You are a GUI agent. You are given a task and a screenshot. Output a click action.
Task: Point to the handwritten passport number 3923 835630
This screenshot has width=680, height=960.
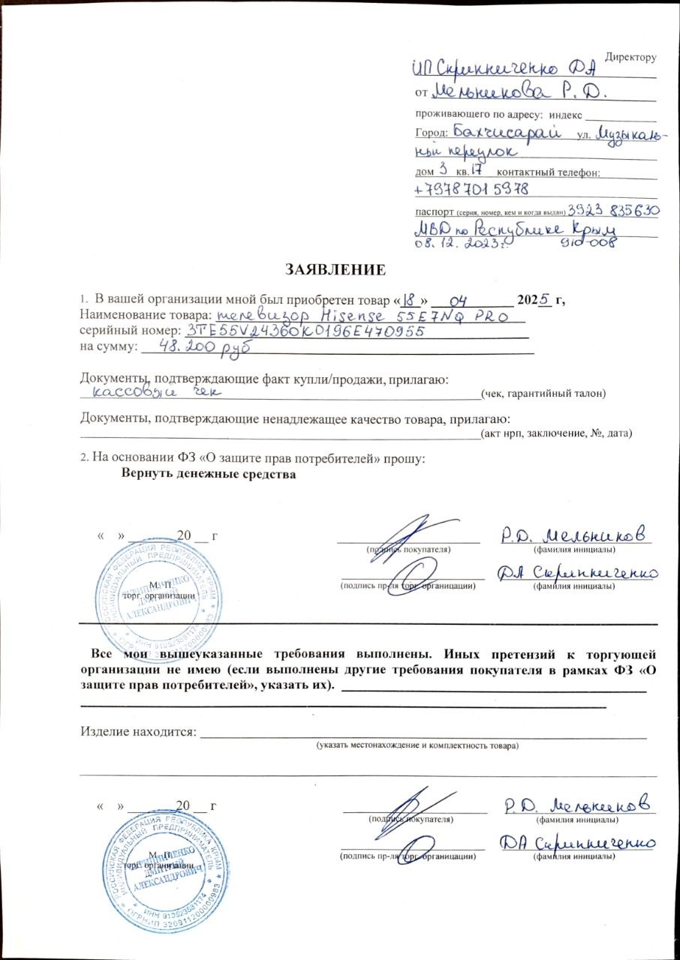coord(613,211)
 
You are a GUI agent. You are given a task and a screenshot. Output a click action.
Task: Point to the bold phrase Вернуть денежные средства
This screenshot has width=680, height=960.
coord(209,475)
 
